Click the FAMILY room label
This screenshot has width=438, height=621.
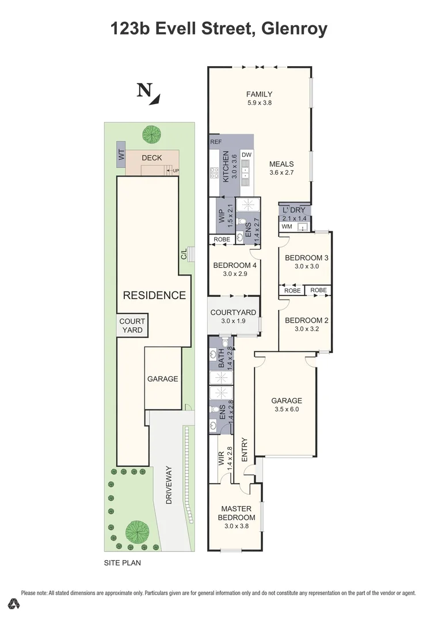click(259, 94)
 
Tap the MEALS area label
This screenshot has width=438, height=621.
click(281, 164)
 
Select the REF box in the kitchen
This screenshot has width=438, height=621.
click(216, 141)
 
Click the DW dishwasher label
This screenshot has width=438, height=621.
click(246, 155)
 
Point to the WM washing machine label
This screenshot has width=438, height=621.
click(287, 227)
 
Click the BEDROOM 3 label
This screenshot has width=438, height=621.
click(306, 258)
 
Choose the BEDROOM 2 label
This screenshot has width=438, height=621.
click(306, 320)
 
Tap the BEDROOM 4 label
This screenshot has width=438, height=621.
click(234, 265)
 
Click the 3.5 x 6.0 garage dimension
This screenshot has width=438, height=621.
click(287, 410)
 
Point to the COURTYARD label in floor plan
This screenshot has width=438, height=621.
click(233, 312)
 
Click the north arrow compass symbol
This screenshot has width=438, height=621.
click(148, 93)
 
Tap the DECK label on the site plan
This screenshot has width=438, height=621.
click(151, 158)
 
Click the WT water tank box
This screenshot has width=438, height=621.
click(121, 155)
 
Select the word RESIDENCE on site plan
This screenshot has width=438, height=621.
click(154, 296)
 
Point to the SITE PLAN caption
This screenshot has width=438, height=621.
click(122, 563)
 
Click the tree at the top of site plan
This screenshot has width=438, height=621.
click(151, 134)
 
